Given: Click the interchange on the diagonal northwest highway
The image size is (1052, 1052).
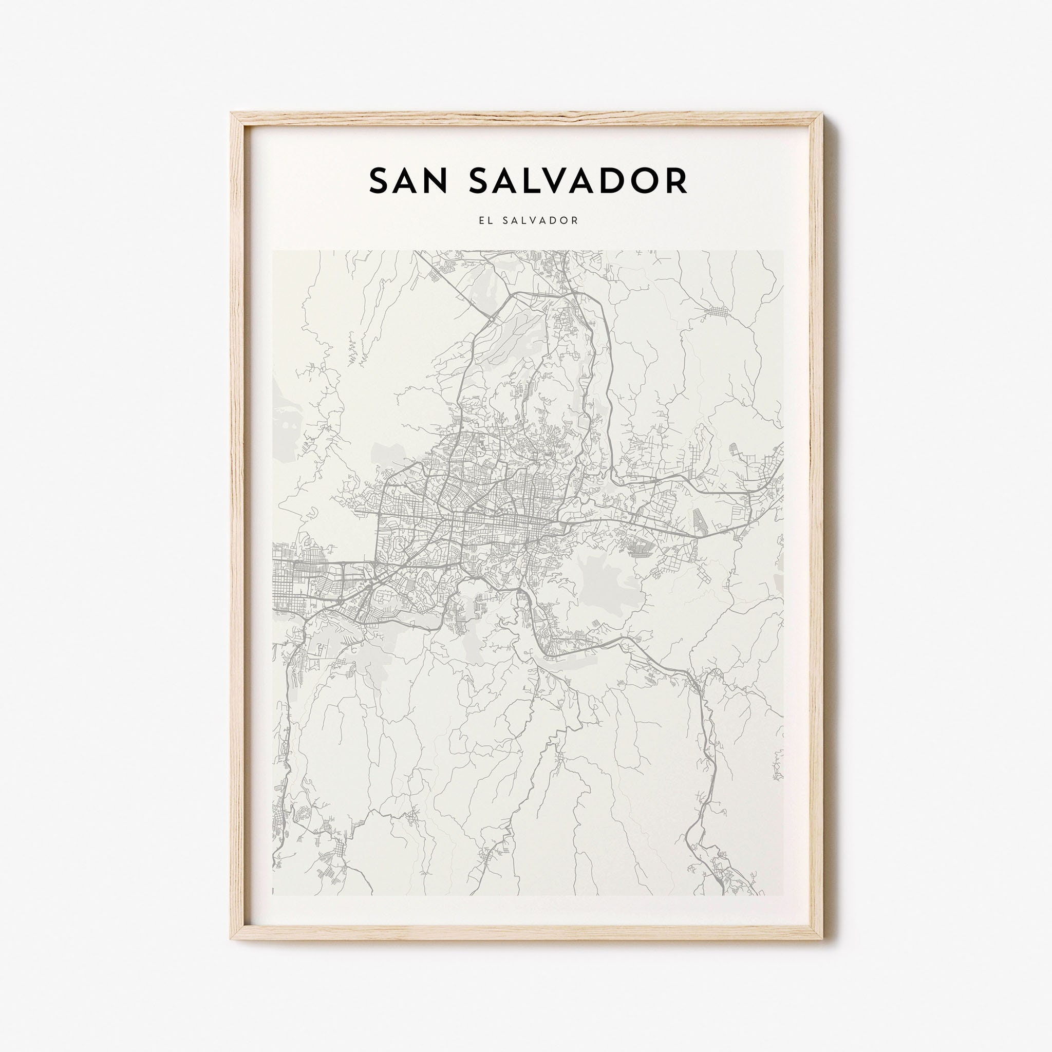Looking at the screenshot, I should click(x=490, y=318).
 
